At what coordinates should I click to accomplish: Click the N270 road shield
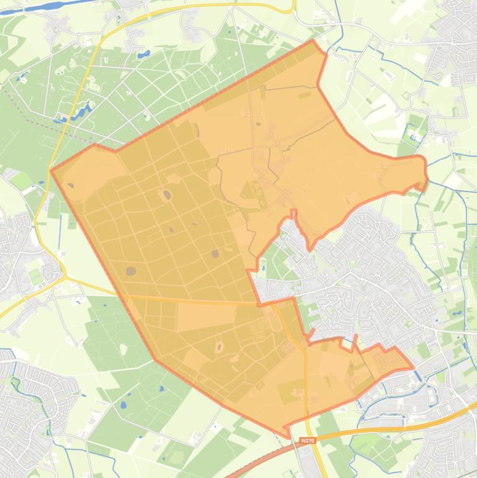pyautogui.click(x=307, y=441)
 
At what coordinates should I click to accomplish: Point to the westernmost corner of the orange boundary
pyautogui.click(x=51, y=170)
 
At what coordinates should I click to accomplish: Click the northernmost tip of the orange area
pyautogui.click(x=314, y=41)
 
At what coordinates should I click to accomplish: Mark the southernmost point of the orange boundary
pyautogui.click(x=288, y=436)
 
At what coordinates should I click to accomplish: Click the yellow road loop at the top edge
pyautogui.click(x=292, y=7)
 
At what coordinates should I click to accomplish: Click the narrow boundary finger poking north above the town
pyautogui.click(x=293, y=215)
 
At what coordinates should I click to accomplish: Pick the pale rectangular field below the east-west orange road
pyautogui.click(x=198, y=317)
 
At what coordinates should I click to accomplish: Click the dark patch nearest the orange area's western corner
pyautogui.click(x=70, y=186)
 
